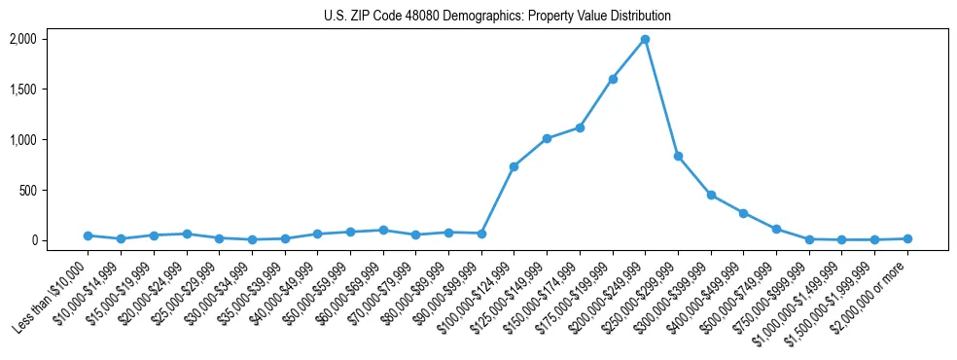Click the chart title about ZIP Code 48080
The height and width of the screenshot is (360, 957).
pos(497,16)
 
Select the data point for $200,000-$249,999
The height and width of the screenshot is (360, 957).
pos(645,40)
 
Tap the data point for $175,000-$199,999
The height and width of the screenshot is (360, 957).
pos(613,79)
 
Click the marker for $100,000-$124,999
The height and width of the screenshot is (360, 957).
pos(514,166)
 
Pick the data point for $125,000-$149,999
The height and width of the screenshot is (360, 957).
pos(547,138)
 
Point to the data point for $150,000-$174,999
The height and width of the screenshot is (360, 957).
pos(580,127)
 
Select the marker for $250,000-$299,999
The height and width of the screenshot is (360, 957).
pos(678,156)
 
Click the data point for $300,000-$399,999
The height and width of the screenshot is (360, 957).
pos(711,195)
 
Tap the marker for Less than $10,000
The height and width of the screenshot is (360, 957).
pos(88,235)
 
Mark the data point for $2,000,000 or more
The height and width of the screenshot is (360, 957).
pos(907,238)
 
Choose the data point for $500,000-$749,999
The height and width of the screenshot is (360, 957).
pos(776,229)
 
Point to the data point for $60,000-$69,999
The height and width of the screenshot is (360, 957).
pos(383,231)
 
